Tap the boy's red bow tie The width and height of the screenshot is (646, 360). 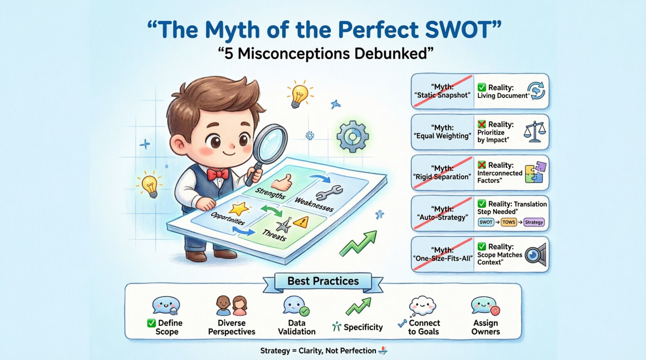(218, 174)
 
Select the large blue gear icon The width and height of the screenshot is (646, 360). (353, 136)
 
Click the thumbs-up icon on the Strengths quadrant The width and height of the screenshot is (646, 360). (281, 182)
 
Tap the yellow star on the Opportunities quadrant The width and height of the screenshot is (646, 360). (238, 209)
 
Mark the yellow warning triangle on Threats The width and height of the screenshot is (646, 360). (300, 222)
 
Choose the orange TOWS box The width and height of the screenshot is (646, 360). (508, 222)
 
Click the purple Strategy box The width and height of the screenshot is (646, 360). (534, 222)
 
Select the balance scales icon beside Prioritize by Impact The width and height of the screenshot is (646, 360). (535, 132)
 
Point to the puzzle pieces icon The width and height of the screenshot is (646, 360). (535, 173)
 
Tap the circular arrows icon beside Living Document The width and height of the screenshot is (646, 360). (537, 91)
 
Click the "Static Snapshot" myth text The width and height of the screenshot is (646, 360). (442, 95)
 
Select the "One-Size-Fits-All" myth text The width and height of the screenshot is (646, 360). (442, 258)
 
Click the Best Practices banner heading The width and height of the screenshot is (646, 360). (323, 281)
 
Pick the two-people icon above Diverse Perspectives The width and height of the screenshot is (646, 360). (232, 306)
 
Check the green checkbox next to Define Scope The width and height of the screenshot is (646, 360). (151, 323)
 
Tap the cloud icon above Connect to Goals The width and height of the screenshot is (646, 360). (423, 305)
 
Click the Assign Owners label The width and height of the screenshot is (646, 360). (485, 327)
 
